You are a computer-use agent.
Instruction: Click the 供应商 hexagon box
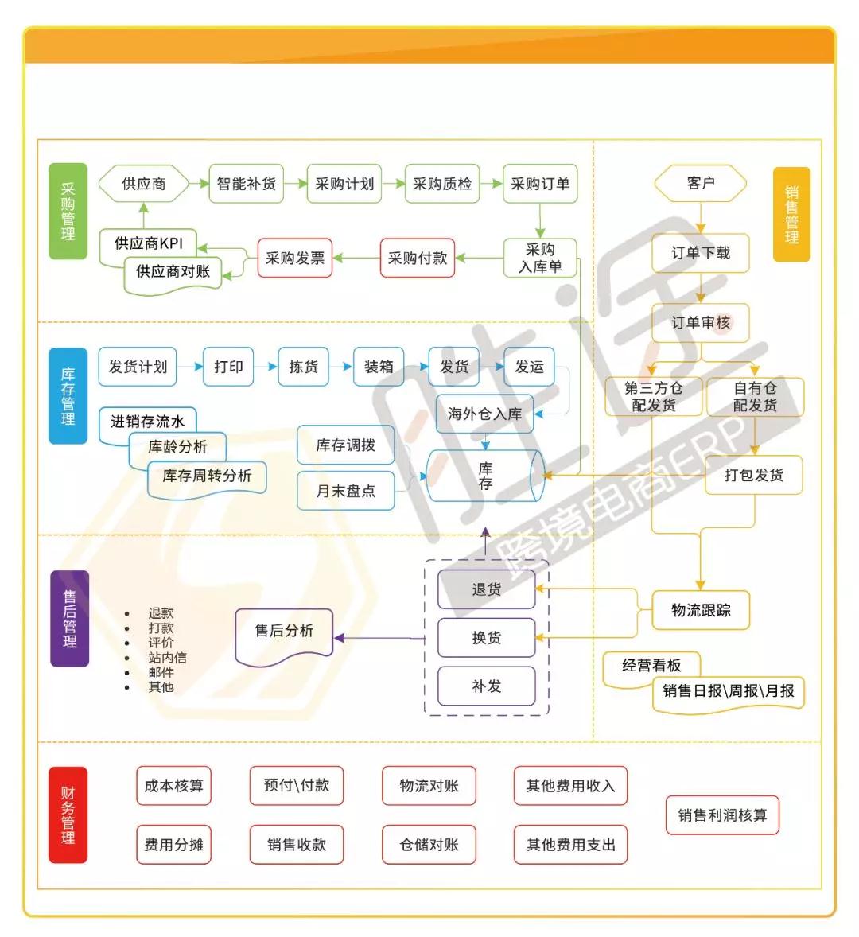[x=143, y=184]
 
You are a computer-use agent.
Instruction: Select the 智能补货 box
[x=246, y=184]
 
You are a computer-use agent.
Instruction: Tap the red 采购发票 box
[x=295, y=258]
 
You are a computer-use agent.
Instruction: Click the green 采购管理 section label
[x=68, y=211]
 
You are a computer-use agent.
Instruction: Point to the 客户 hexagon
[x=701, y=183]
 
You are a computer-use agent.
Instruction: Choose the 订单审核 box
[x=701, y=323]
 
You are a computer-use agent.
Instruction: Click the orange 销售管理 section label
[x=791, y=215]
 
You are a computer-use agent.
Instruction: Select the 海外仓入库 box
[x=485, y=414]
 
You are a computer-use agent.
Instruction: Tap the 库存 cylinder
[x=485, y=476]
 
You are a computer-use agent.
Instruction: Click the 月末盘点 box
[x=346, y=491]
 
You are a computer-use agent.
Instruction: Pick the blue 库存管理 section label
[x=68, y=395]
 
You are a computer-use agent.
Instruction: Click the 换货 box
[x=486, y=638]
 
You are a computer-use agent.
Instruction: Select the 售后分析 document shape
[x=284, y=636]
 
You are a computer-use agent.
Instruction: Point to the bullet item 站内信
[x=167, y=657]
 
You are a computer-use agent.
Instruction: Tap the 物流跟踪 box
[x=701, y=610]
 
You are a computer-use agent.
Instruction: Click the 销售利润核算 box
[x=722, y=815]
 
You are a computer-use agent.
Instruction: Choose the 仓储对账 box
[x=429, y=845]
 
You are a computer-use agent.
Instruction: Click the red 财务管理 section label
[x=68, y=815]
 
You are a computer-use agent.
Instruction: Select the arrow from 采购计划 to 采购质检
[x=393, y=184]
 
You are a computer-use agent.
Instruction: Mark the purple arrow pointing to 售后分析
[x=379, y=638]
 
